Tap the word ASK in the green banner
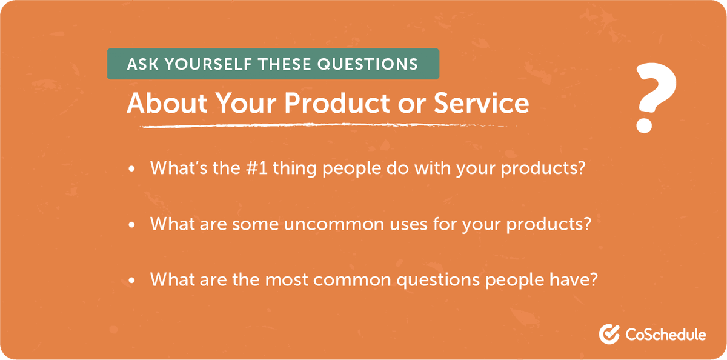tap(140, 64)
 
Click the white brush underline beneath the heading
tap(315, 125)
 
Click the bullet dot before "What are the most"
tap(132, 281)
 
